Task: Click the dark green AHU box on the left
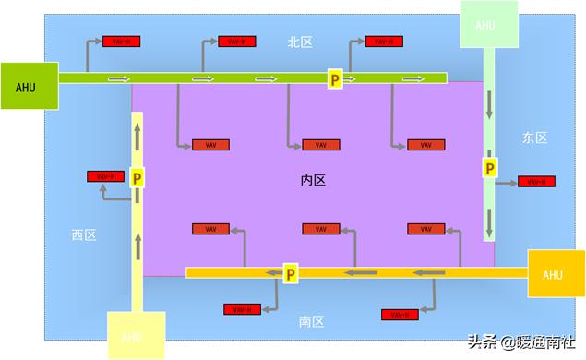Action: pos(29,87)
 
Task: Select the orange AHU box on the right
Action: pos(553,274)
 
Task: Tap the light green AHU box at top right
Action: pos(485,25)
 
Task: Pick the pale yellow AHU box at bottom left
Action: pos(136,336)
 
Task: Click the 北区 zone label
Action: pos(301,42)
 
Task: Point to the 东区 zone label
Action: pos(534,138)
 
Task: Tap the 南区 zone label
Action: pos(311,322)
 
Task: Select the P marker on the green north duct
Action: pos(336,79)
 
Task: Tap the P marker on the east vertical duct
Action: pos(490,168)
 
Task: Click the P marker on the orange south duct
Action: pos(290,273)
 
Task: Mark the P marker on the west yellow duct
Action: pos(137,177)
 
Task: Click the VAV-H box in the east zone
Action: pos(536,182)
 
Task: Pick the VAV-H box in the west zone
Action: pos(104,176)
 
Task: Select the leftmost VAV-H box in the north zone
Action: pos(120,42)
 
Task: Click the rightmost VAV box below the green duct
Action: pos(425,145)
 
